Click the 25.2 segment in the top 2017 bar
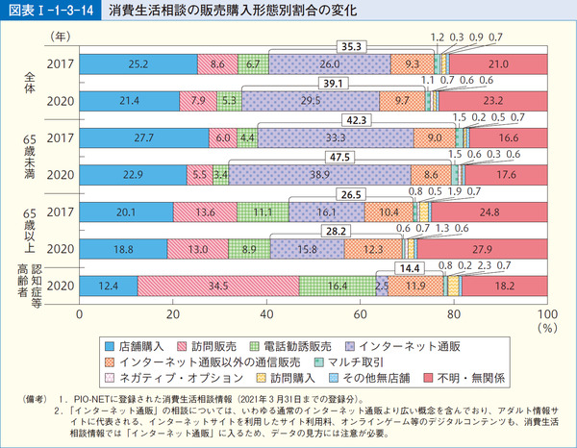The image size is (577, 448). tap(138, 64)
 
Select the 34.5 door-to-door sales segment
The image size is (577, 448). tap(218, 286)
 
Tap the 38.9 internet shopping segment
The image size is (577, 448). tap(320, 175)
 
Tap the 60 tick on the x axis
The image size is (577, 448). tap(360, 314)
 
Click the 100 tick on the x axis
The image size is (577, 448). tap(545, 314)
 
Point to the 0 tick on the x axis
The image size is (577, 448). tap(80, 314)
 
